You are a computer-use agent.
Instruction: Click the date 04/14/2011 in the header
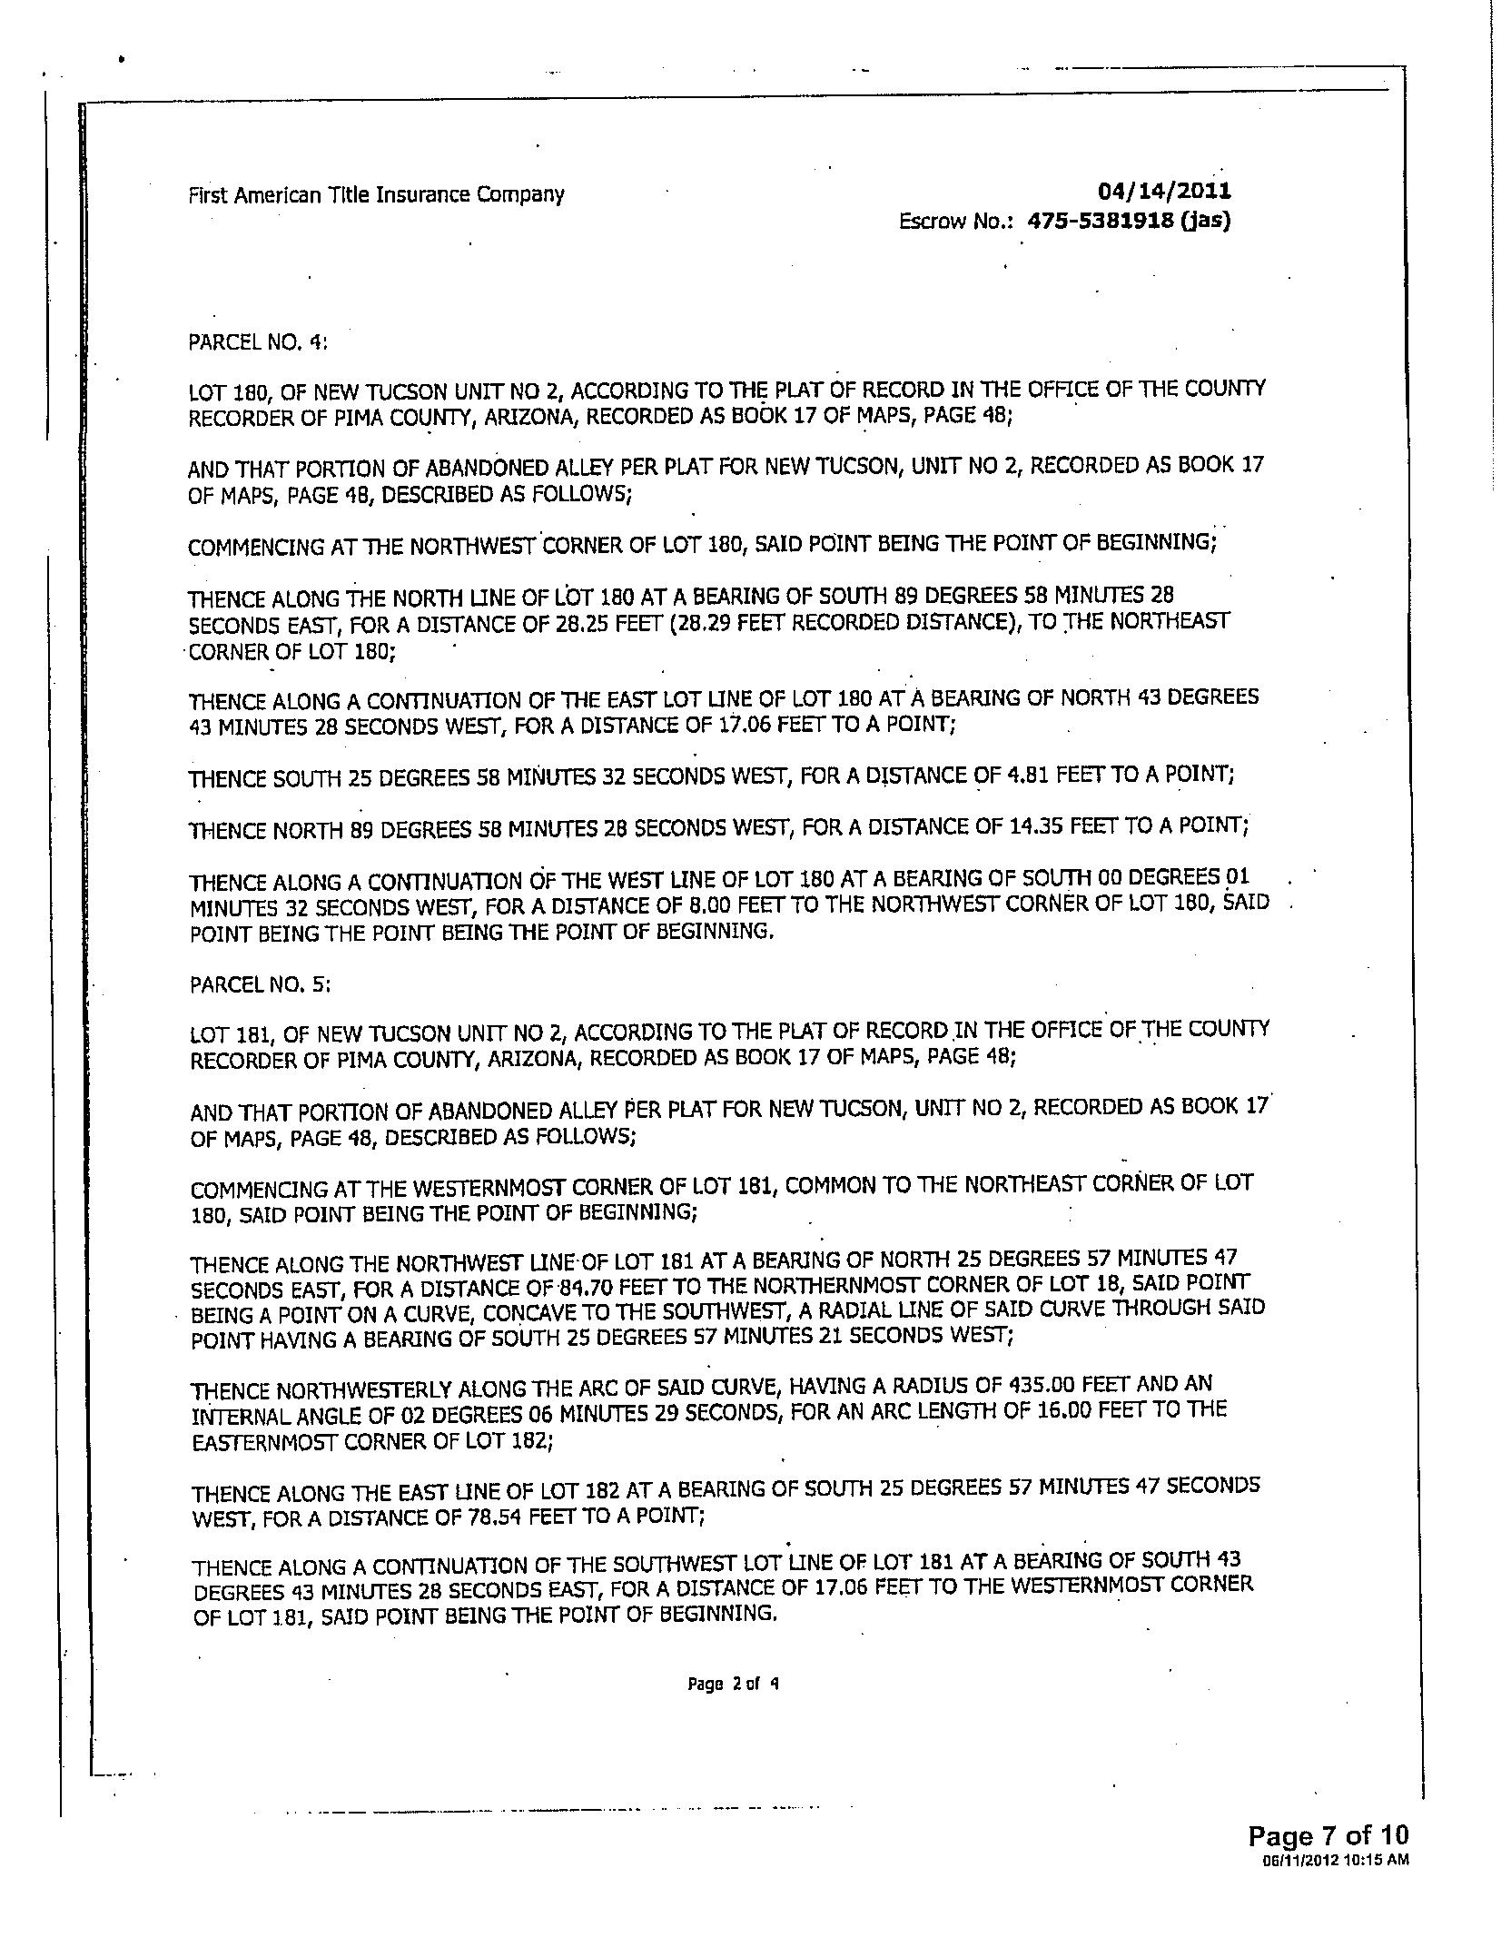coord(1164,191)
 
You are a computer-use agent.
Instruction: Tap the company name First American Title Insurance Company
coord(376,194)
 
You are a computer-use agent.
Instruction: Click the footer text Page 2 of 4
coord(734,1684)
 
